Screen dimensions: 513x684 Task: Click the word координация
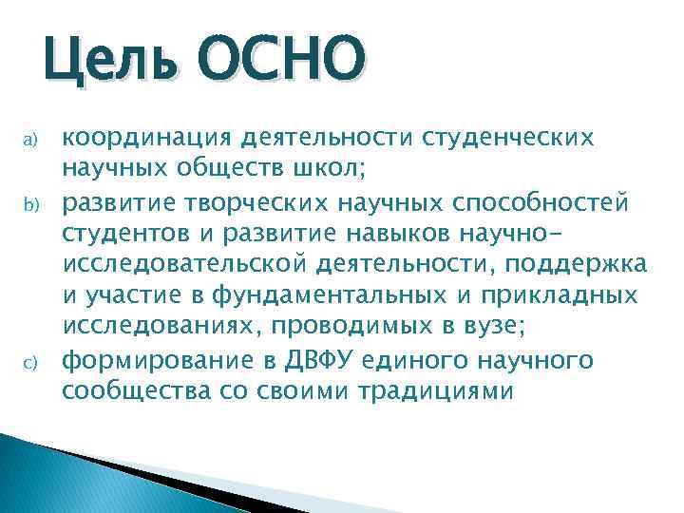tap(146, 139)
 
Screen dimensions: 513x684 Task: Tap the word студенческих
tap(514, 139)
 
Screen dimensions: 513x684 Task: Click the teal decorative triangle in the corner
tap(57, 475)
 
